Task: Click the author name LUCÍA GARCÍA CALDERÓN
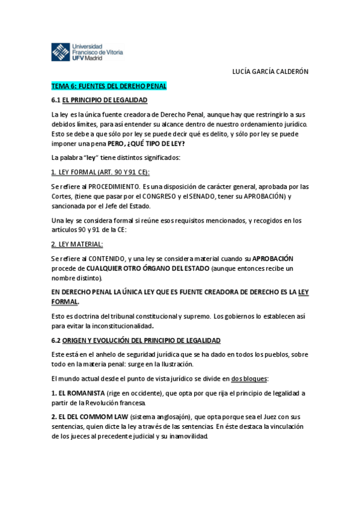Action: tap(270, 71)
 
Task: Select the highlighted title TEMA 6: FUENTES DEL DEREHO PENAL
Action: tap(108, 86)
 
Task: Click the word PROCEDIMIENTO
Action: tap(113, 186)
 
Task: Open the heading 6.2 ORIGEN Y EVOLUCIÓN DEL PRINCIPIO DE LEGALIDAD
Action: tap(136, 340)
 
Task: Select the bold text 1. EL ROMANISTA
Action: tap(80, 393)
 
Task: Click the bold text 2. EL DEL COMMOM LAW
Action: tap(88, 416)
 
